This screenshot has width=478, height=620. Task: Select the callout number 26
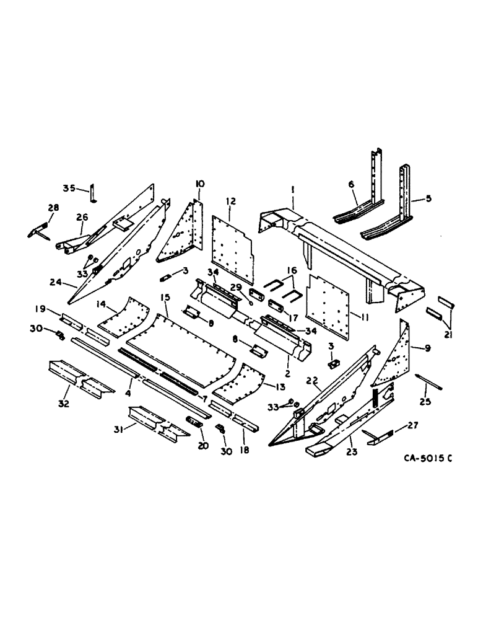[x=82, y=216]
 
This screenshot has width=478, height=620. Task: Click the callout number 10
[x=200, y=184]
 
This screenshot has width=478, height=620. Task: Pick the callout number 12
[x=230, y=201]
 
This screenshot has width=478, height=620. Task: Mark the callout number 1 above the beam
[x=293, y=187]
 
